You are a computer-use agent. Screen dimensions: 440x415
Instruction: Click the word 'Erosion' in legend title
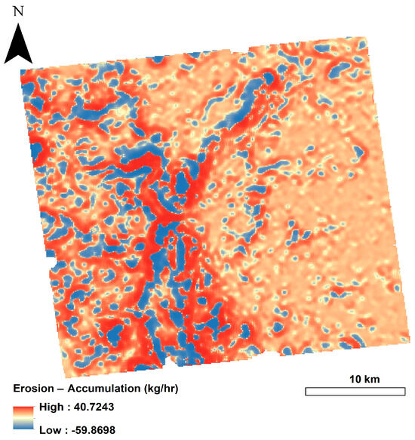[x=34, y=388]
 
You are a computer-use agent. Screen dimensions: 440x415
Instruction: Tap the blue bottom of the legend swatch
[x=23, y=427]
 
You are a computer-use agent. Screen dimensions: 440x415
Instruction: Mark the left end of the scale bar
[x=306, y=392]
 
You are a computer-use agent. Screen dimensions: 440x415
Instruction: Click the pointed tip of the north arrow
[x=18, y=25]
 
